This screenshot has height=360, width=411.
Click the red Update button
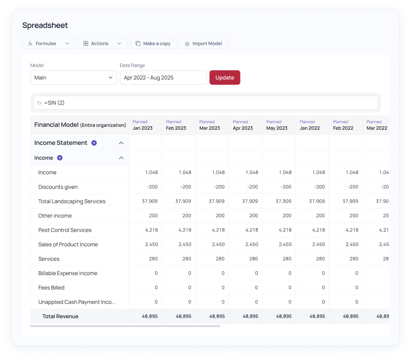click(224, 78)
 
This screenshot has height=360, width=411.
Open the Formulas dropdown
click(48, 44)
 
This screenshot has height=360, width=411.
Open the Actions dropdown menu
click(102, 44)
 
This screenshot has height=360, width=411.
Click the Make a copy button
click(153, 44)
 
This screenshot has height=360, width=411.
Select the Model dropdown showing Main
click(73, 78)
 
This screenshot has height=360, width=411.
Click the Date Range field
click(163, 78)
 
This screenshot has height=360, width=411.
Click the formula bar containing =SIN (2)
click(205, 103)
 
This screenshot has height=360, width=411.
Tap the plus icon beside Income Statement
click(94, 143)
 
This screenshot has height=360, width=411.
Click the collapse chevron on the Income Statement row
click(121, 143)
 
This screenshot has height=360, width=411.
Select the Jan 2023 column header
click(145, 125)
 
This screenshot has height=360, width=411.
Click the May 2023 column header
click(278, 125)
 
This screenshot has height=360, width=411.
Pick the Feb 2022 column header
click(345, 125)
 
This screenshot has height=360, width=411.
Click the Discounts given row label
click(58, 187)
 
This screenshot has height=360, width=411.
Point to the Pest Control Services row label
click(65, 230)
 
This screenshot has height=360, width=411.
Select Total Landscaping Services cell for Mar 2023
click(212, 201)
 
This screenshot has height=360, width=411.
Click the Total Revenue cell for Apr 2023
click(245, 316)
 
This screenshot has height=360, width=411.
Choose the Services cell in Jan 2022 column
click(312, 259)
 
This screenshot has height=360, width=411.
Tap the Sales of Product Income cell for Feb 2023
click(178, 244)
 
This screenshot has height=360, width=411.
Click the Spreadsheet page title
click(45, 25)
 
